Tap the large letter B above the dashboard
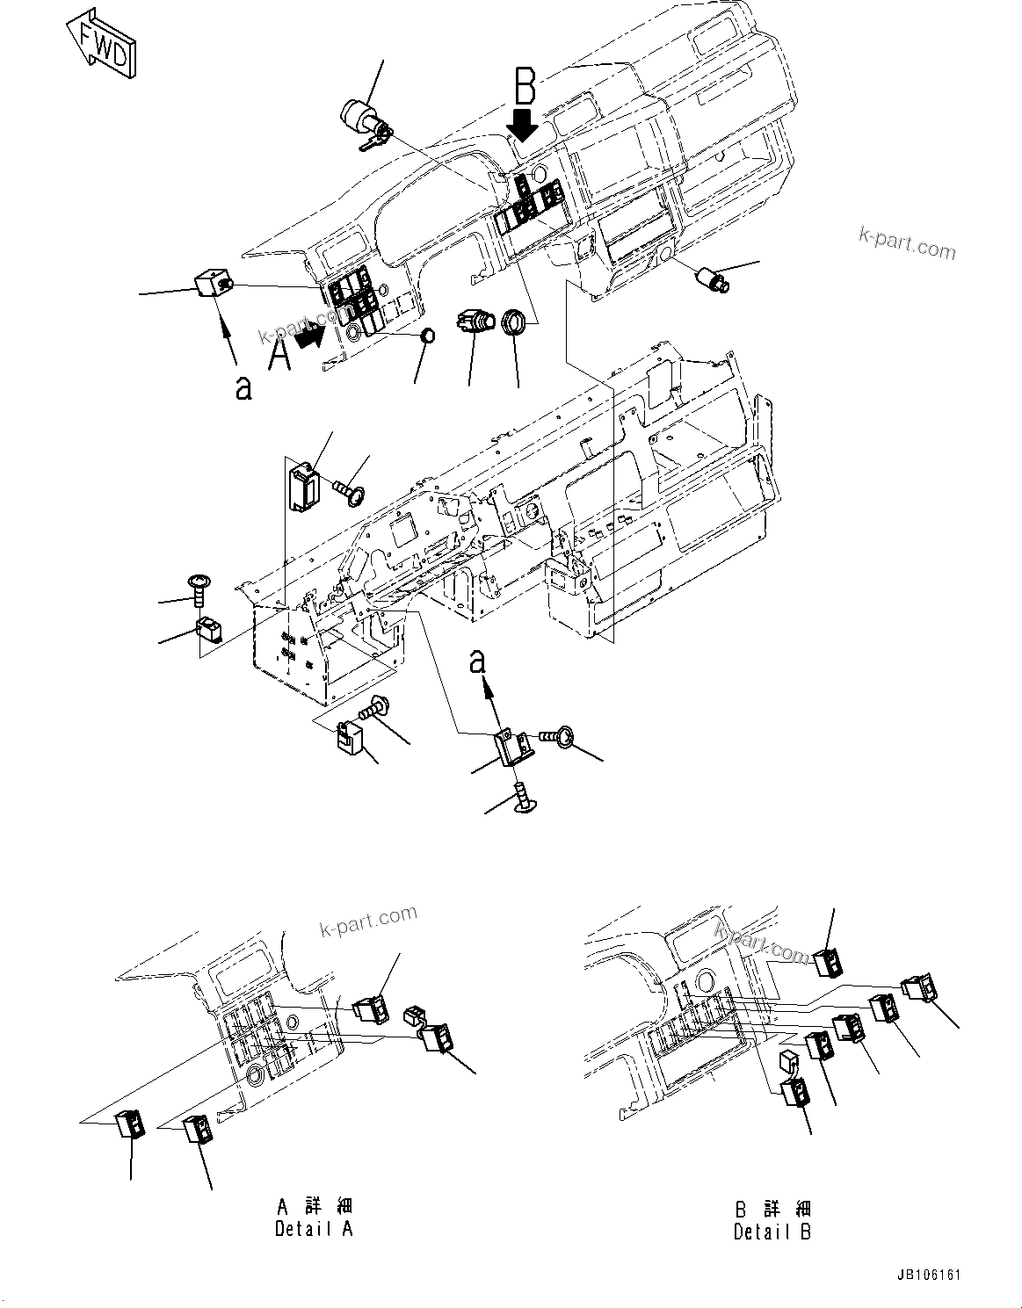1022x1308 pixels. pos(525,89)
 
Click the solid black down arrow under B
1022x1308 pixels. pos(525,126)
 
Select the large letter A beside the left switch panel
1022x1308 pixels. pos(279,357)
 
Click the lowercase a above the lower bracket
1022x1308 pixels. pos(478,661)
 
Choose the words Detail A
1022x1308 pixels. pos(314,1228)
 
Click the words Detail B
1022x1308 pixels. pos(772,1232)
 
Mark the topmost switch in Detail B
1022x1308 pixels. pos(829,964)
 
